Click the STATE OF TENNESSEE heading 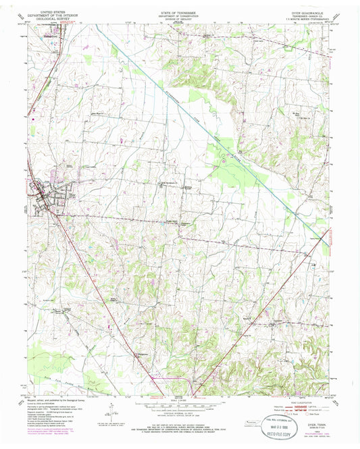click(x=180, y=12)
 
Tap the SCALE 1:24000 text click(x=180, y=402)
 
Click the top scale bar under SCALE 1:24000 click(x=180, y=406)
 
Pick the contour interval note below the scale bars click(x=180, y=415)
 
